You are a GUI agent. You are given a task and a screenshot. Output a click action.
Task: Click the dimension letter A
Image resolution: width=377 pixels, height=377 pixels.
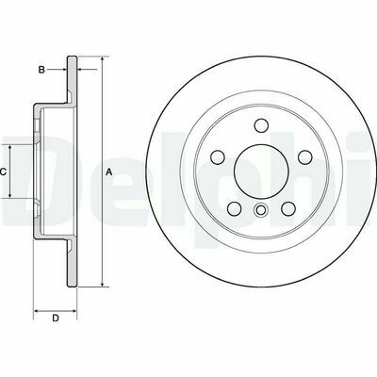(109, 172)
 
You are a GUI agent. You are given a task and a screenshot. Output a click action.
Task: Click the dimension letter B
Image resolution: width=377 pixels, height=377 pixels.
(41, 70)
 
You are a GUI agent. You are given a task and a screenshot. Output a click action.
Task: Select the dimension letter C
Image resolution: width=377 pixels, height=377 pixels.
(3, 172)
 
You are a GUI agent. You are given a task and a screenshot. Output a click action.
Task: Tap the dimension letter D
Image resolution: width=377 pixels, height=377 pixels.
(56, 318)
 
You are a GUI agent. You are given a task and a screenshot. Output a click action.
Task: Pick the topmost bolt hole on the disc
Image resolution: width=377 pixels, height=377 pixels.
(261, 125)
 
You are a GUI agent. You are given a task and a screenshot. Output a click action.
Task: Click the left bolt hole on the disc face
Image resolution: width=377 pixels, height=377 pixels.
(218, 157)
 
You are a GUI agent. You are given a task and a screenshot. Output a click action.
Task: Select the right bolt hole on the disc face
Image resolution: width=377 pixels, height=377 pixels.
(304, 157)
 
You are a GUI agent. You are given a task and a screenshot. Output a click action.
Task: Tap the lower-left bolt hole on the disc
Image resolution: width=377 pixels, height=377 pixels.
(235, 208)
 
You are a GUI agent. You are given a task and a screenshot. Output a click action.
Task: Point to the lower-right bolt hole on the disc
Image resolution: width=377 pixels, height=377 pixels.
(288, 208)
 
